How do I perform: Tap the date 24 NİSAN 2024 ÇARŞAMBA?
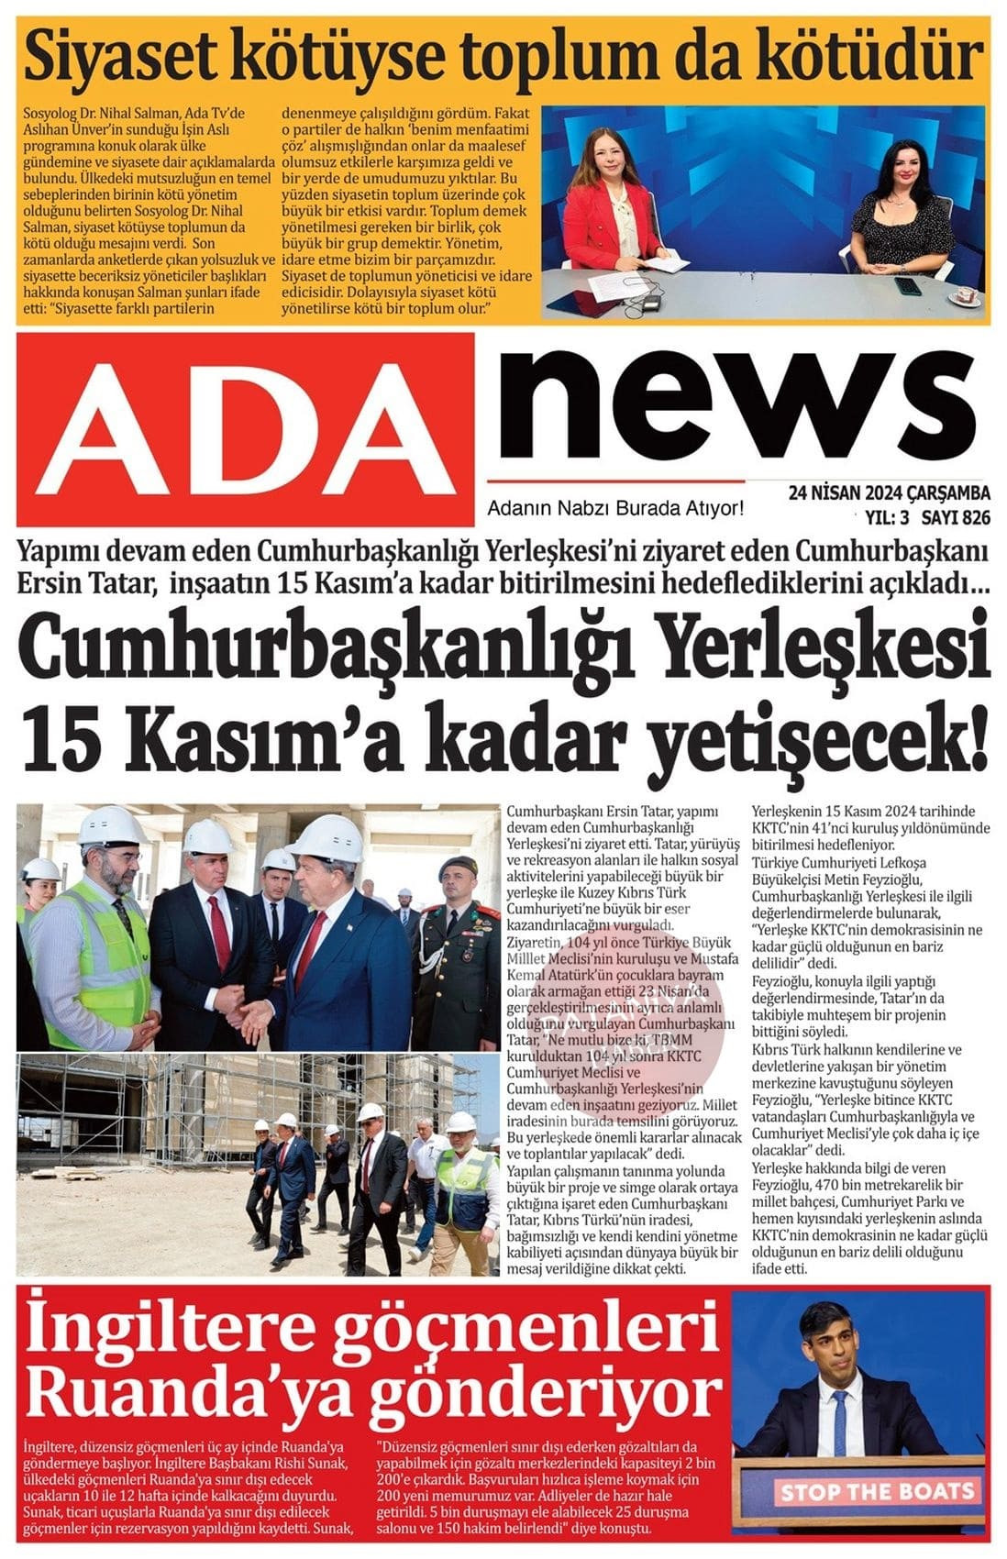coord(889,495)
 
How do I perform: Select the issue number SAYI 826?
coord(956,517)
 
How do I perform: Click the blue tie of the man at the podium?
coord(840,1418)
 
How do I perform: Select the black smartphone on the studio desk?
coord(907,286)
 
